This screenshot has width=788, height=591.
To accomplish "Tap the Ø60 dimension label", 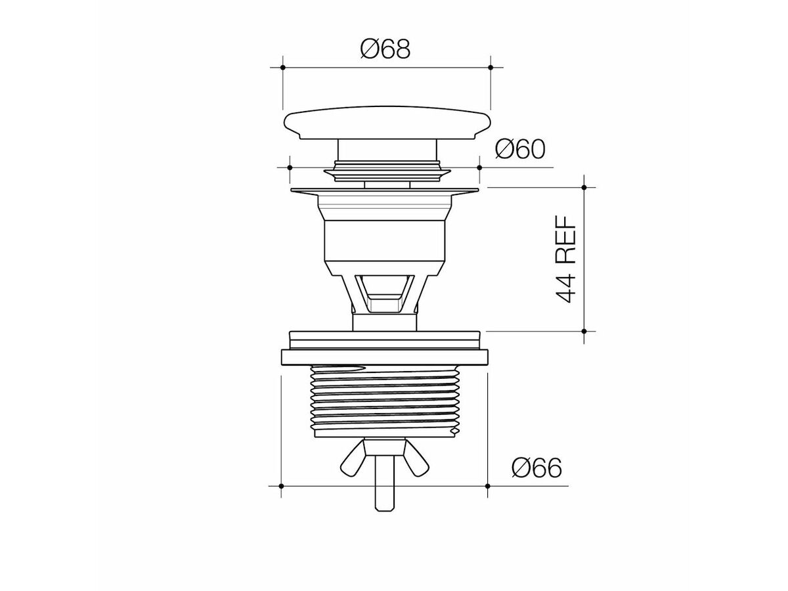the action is click(x=520, y=149).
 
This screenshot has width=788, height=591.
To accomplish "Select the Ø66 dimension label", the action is click(x=536, y=468).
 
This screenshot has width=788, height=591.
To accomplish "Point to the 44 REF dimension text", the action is click(x=566, y=259).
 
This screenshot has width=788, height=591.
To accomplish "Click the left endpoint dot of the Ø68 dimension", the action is click(x=283, y=67).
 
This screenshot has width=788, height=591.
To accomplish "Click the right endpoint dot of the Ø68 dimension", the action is click(x=491, y=67).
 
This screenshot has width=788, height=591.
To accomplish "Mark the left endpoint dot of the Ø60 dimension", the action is click(x=290, y=167).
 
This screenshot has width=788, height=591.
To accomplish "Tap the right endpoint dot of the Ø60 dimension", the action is click(x=479, y=167).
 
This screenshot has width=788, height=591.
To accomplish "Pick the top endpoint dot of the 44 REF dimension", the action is click(x=584, y=187).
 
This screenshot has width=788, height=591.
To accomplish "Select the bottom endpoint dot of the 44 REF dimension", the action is click(x=584, y=331).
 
